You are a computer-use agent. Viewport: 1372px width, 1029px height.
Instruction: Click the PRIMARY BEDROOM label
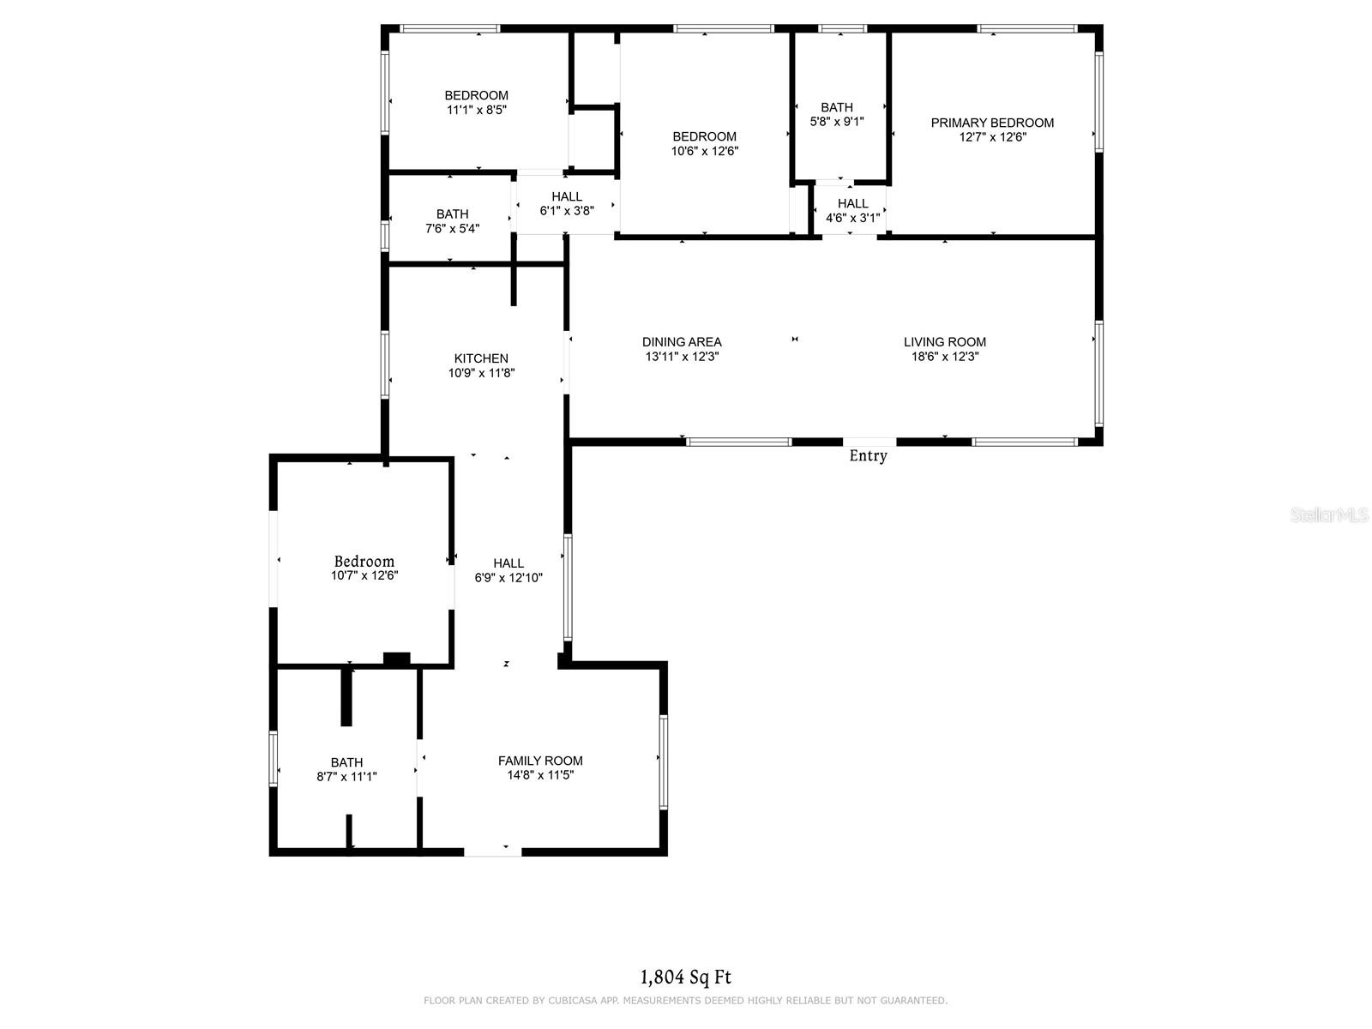pyautogui.click(x=992, y=123)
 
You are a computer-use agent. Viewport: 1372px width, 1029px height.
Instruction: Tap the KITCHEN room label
pyautogui.click(x=481, y=358)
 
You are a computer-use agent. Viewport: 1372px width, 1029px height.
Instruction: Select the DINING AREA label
pyautogui.click(x=682, y=342)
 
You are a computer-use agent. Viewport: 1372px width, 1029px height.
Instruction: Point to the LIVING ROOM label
pyautogui.click(x=944, y=342)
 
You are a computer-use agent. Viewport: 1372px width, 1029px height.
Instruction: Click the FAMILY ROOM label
pyautogui.click(x=540, y=761)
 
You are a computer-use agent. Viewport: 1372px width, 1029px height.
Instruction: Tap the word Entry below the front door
pyautogui.click(x=868, y=456)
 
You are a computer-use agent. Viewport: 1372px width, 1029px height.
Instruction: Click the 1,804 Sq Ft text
pyautogui.click(x=686, y=978)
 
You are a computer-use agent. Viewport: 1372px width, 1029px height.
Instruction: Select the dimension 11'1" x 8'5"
pyautogui.click(x=476, y=110)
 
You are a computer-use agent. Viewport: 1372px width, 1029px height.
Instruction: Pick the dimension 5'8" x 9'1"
pyautogui.click(x=837, y=122)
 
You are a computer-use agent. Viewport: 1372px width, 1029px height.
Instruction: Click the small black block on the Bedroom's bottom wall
pyautogui.click(x=396, y=659)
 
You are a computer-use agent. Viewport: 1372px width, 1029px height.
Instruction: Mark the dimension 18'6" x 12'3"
pyautogui.click(x=944, y=357)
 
